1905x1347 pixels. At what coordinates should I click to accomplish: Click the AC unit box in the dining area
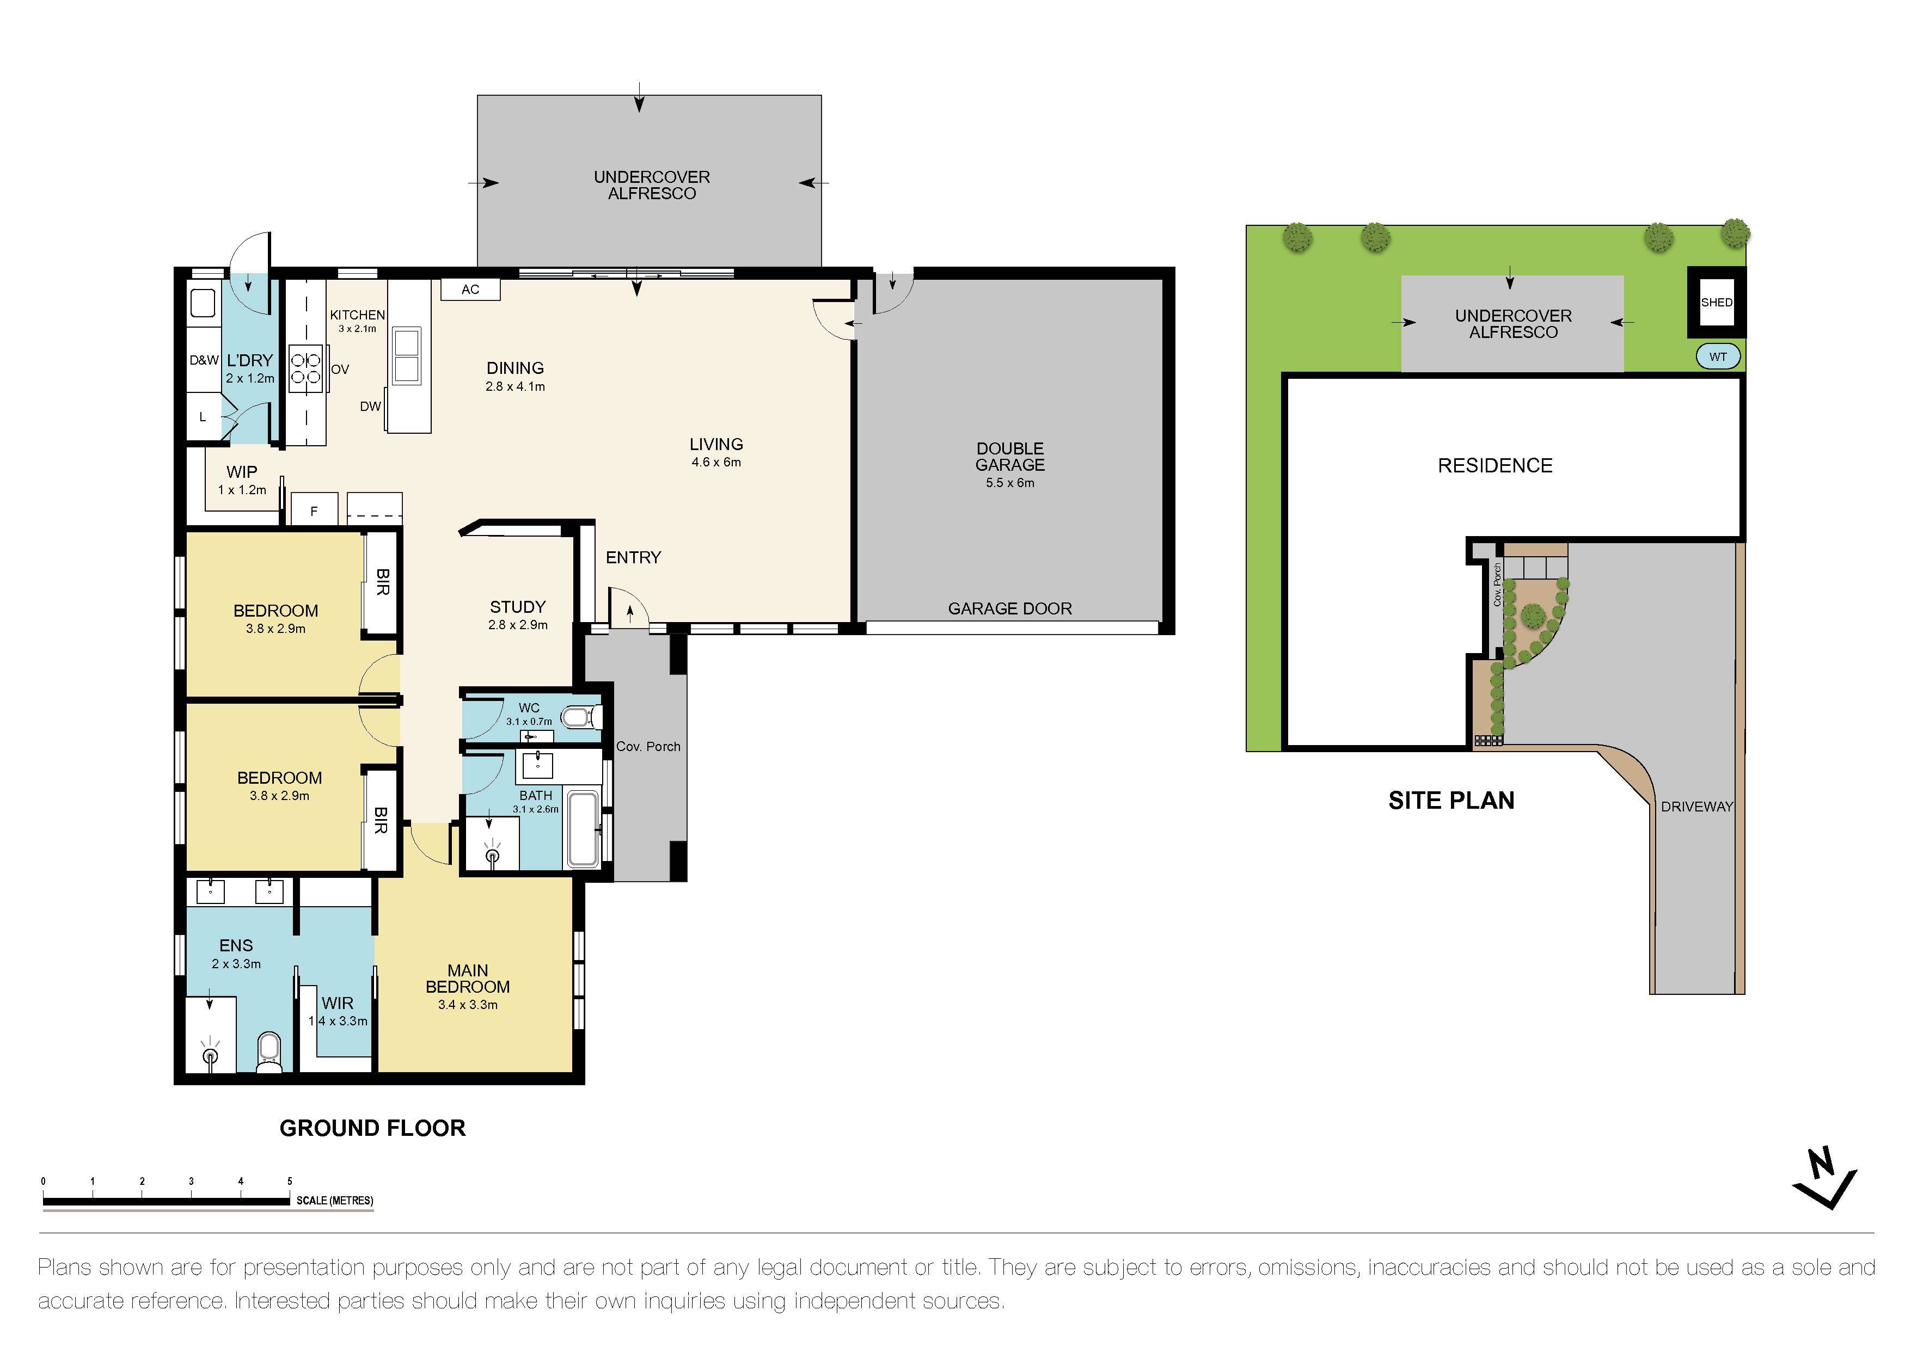click(x=470, y=290)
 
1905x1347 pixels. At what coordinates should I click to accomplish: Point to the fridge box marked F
click(x=314, y=510)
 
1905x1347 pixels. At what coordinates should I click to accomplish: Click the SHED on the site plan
click(x=1716, y=303)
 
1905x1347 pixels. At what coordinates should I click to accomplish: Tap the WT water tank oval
click(x=1718, y=356)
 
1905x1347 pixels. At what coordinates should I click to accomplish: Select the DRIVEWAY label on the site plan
click(x=1696, y=806)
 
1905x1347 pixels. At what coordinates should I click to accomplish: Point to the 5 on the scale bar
click(x=290, y=1181)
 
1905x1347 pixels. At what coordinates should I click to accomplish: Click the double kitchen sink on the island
click(x=407, y=354)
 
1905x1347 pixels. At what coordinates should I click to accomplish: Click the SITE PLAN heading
click(x=1451, y=801)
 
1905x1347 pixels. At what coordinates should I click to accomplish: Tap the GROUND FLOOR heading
click(x=372, y=1128)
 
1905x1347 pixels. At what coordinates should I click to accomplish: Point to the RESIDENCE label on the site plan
click(x=1494, y=466)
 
